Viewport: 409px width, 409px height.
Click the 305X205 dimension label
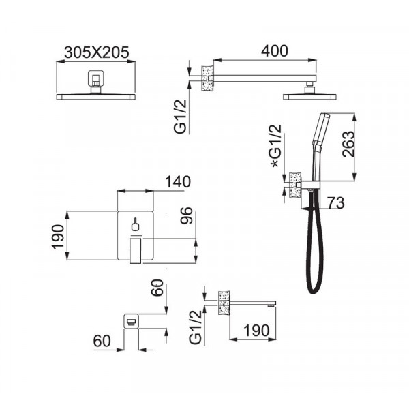pyautogui.click(x=97, y=52)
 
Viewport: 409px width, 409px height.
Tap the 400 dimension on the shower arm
pyautogui.click(x=275, y=51)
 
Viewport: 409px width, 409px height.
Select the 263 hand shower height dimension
pyautogui.click(x=348, y=145)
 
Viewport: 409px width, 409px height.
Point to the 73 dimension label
pyautogui.click(x=336, y=202)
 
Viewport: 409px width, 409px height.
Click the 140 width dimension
pyautogui.click(x=178, y=182)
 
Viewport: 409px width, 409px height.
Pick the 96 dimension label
pyautogui.click(x=187, y=215)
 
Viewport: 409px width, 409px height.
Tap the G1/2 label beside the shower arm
pyautogui.click(x=181, y=117)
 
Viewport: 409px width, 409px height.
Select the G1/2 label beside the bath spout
pyautogui.click(x=196, y=327)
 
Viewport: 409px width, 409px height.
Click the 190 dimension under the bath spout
pyautogui.click(x=256, y=331)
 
